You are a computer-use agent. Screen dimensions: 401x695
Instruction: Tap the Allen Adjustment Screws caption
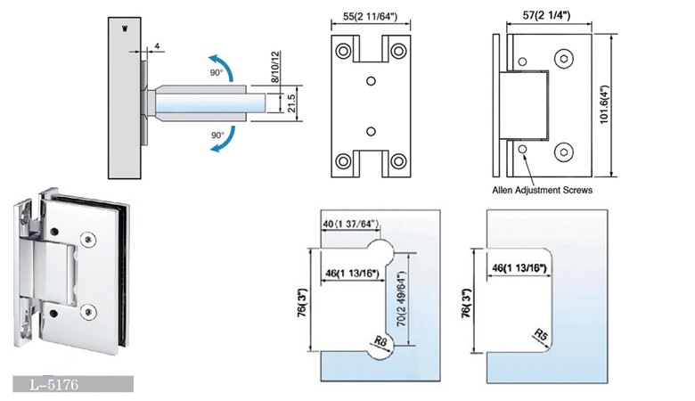point(542,190)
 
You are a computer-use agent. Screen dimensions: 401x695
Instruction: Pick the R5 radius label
point(541,336)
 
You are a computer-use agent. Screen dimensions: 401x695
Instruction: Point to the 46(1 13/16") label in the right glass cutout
point(519,267)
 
